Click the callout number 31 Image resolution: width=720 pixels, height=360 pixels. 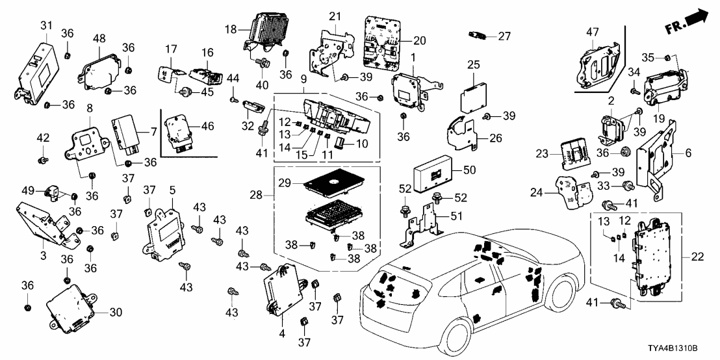tap(45, 25)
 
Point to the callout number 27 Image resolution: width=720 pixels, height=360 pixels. tap(505, 36)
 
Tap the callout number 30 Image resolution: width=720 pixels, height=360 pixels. tap(116, 312)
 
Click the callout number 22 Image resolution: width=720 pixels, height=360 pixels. tap(697, 257)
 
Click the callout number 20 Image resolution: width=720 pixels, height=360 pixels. tap(419, 40)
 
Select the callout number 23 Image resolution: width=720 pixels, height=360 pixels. tap(544, 155)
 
